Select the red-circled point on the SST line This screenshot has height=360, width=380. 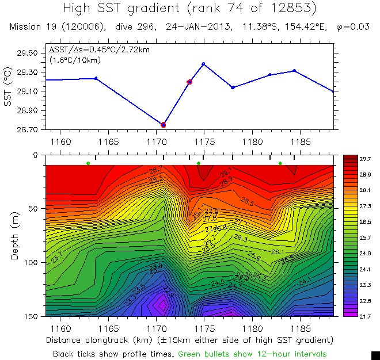[x=189, y=82]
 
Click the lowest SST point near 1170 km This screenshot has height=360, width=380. [x=164, y=124]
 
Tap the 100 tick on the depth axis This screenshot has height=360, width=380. [x=29, y=262]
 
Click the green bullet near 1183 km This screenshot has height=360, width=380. [x=280, y=164]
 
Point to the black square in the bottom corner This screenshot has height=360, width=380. [x=375, y=355]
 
